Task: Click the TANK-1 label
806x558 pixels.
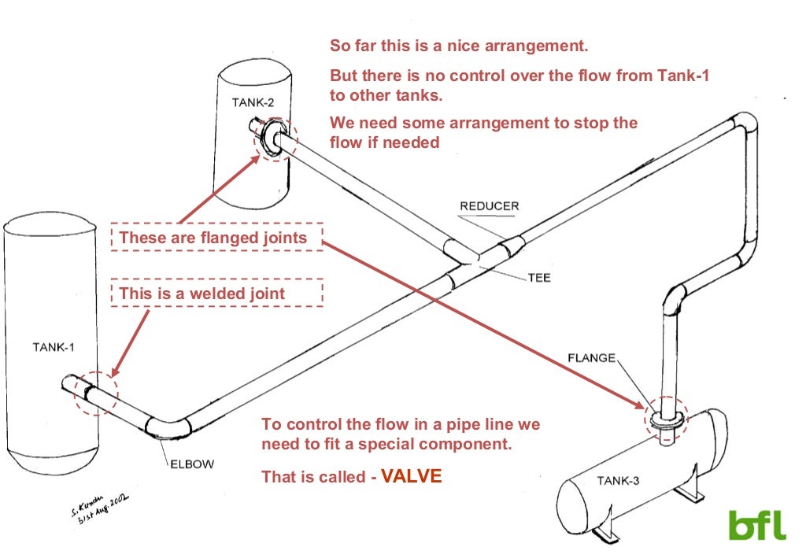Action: click(54, 346)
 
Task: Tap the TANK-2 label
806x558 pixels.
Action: click(253, 102)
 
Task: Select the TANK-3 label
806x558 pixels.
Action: click(617, 481)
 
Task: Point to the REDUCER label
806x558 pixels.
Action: click(489, 206)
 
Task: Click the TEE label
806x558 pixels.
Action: click(539, 278)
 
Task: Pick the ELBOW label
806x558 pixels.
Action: click(191, 464)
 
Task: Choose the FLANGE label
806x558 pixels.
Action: click(591, 358)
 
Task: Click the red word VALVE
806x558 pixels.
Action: click(412, 476)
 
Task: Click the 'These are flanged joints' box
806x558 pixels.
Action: click(216, 237)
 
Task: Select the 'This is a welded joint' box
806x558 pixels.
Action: click(216, 294)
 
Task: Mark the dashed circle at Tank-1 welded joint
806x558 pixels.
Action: click(95, 392)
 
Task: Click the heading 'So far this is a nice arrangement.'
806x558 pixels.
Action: click(459, 46)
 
